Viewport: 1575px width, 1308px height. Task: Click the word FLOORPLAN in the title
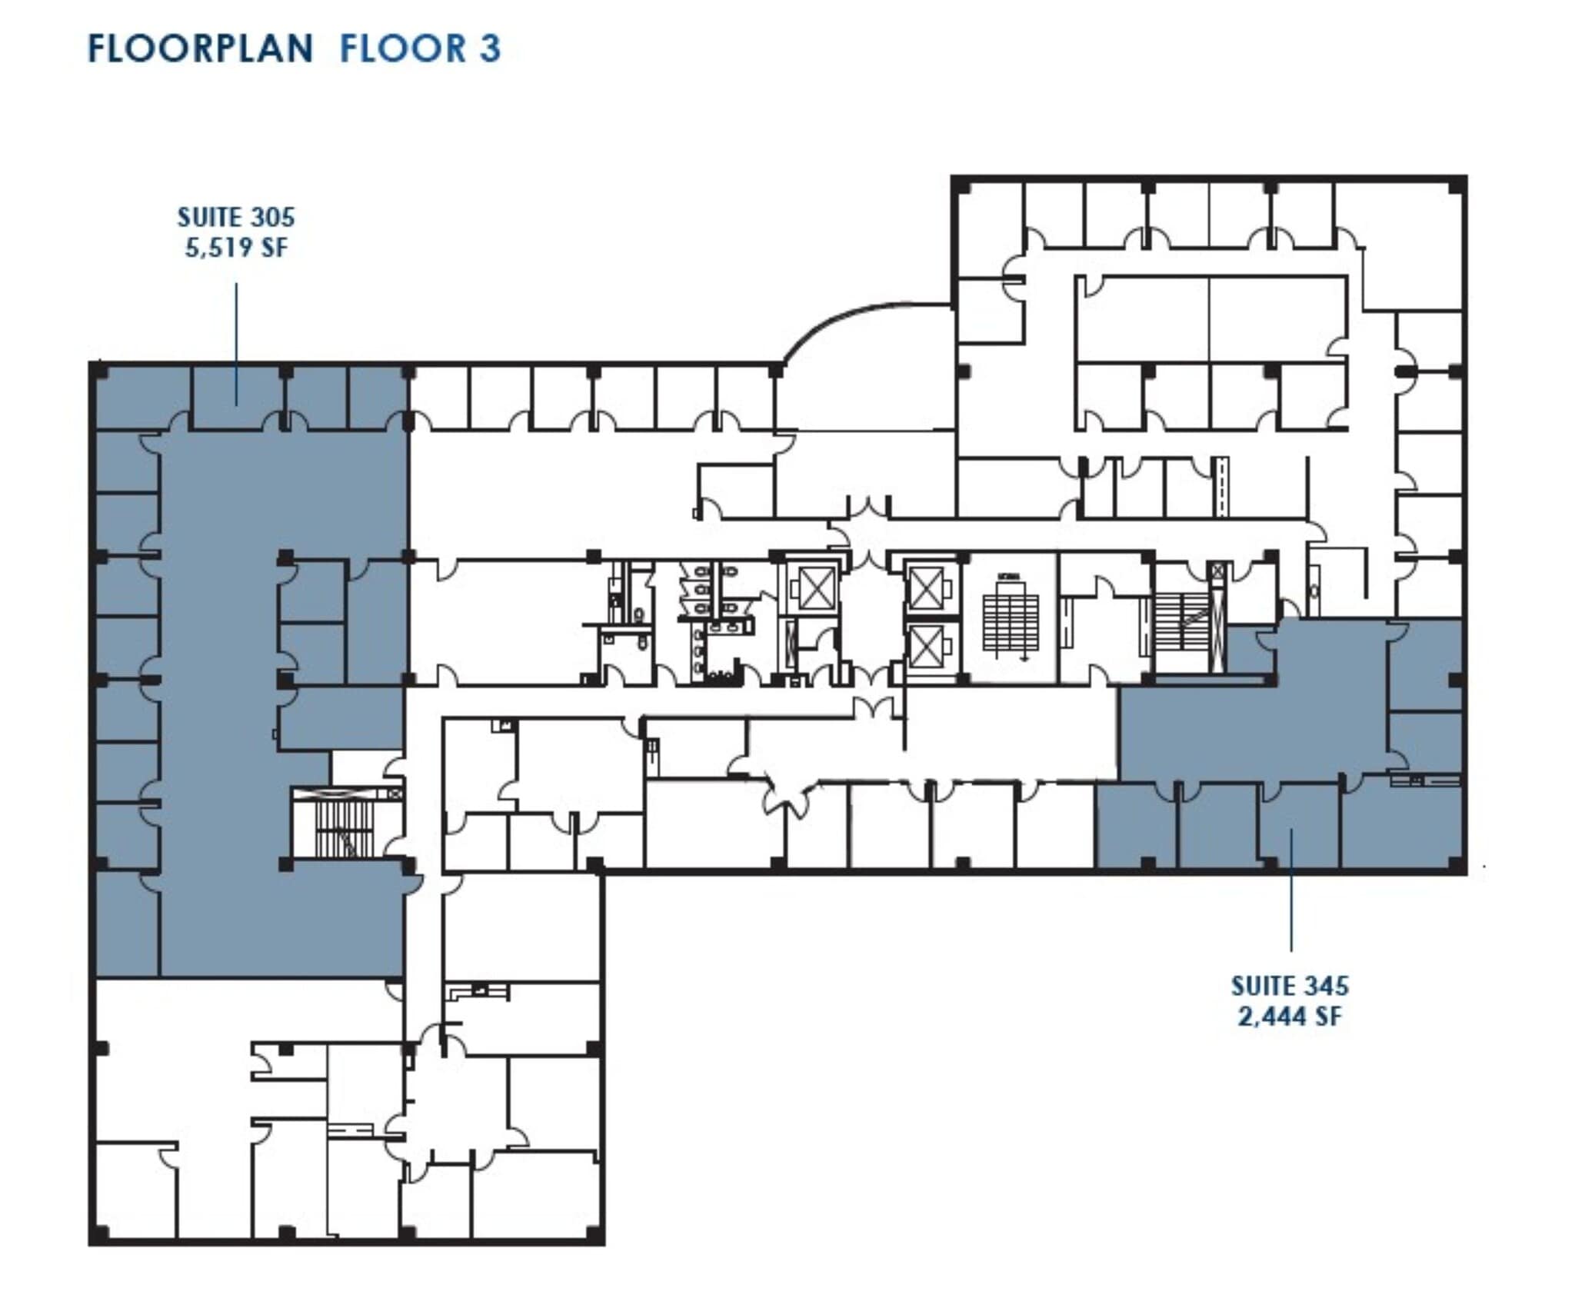[x=201, y=48]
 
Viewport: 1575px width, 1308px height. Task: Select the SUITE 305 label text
[x=236, y=218]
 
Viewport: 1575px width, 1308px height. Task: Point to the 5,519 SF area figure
[x=236, y=248]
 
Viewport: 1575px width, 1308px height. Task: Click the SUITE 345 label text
[x=1290, y=986]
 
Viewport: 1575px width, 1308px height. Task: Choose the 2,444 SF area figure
[x=1290, y=1017]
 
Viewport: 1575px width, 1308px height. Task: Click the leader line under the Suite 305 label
[x=236, y=342]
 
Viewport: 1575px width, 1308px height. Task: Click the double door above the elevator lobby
[x=869, y=508]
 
